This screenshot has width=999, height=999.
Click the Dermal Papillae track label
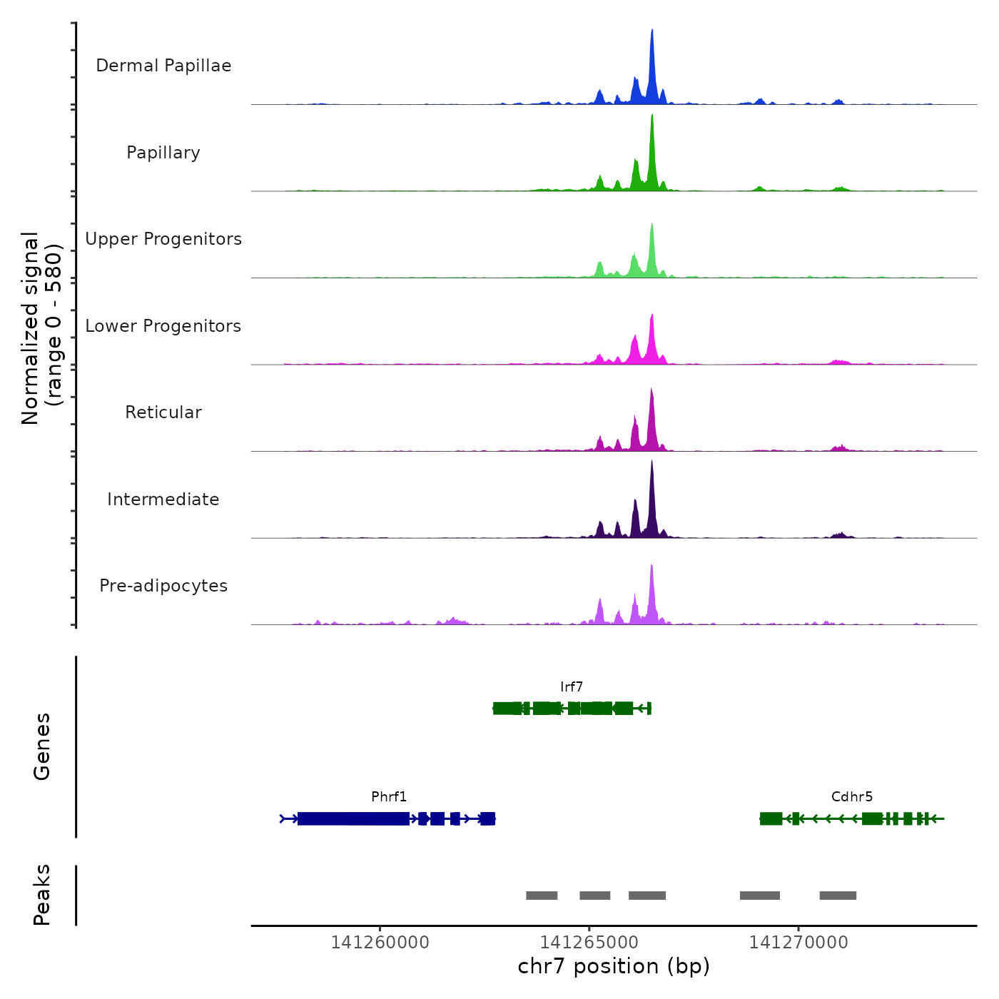[x=163, y=66]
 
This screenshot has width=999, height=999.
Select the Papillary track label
[x=163, y=153]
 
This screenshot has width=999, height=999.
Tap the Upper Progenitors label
[x=163, y=239]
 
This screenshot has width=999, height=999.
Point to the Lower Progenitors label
[x=163, y=326]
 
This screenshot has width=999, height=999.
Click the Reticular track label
[x=163, y=412]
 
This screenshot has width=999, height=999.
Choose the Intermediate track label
[x=163, y=499]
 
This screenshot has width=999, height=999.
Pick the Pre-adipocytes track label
[x=163, y=586]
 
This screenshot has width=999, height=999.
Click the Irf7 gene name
[x=572, y=687]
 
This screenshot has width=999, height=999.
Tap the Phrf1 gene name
[x=389, y=797]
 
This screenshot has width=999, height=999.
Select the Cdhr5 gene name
[x=852, y=797]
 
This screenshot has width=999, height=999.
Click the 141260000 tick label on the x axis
[x=380, y=943]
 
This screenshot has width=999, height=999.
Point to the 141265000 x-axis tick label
[x=589, y=943]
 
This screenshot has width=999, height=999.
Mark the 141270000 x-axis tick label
[x=798, y=943]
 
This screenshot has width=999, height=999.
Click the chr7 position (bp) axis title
[x=614, y=966]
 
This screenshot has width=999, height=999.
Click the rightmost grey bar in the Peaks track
[x=838, y=896]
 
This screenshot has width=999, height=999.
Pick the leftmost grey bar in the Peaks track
[x=542, y=896]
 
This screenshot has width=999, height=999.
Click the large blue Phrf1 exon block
[x=353, y=818]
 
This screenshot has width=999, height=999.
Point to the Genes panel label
[x=42, y=746]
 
